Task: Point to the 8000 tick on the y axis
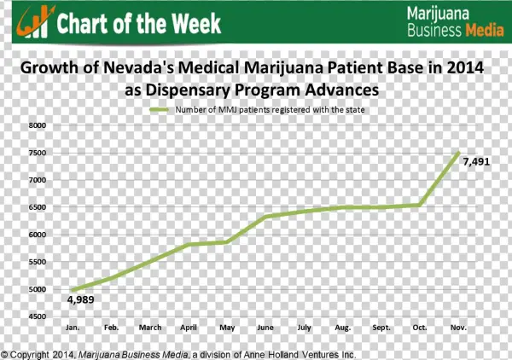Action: coord(37,125)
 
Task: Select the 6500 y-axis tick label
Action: coord(37,207)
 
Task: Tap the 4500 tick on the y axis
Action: coord(37,316)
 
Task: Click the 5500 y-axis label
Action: coord(37,262)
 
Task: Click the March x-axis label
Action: coord(150,328)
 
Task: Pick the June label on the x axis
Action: coord(265,328)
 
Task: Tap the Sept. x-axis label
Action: coord(382,328)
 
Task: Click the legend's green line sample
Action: coord(160,110)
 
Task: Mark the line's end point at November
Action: coord(460,153)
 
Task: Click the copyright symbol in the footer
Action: coord(5,354)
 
